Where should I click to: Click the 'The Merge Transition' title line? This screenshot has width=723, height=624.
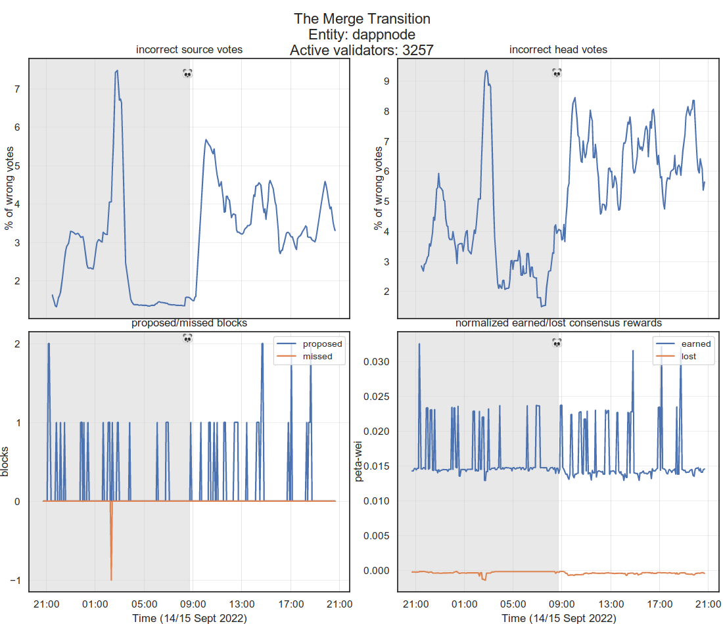click(x=361, y=19)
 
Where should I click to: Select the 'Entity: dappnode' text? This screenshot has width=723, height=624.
click(x=361, y=34)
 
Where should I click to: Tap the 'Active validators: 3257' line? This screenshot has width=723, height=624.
click(x=361, y=49)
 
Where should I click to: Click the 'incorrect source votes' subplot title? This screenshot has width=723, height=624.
click(x=189, y=50)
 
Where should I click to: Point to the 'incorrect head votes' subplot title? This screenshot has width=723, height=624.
click(x=558, y=50)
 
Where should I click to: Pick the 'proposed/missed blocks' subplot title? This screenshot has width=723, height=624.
click(x=189, y=323)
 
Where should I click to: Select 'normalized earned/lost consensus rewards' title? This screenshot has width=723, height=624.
click(x=558, y=323)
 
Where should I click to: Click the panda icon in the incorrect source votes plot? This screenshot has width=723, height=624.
click(x=187, y=74)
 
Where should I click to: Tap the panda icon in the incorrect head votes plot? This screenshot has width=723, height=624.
click(x=557, y=74)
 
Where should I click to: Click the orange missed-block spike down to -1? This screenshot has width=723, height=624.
click(x=111, y=578)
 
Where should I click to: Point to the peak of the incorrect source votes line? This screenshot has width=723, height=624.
click(x=116, y=71)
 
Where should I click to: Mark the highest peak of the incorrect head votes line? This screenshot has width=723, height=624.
click(x=486, y=71)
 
